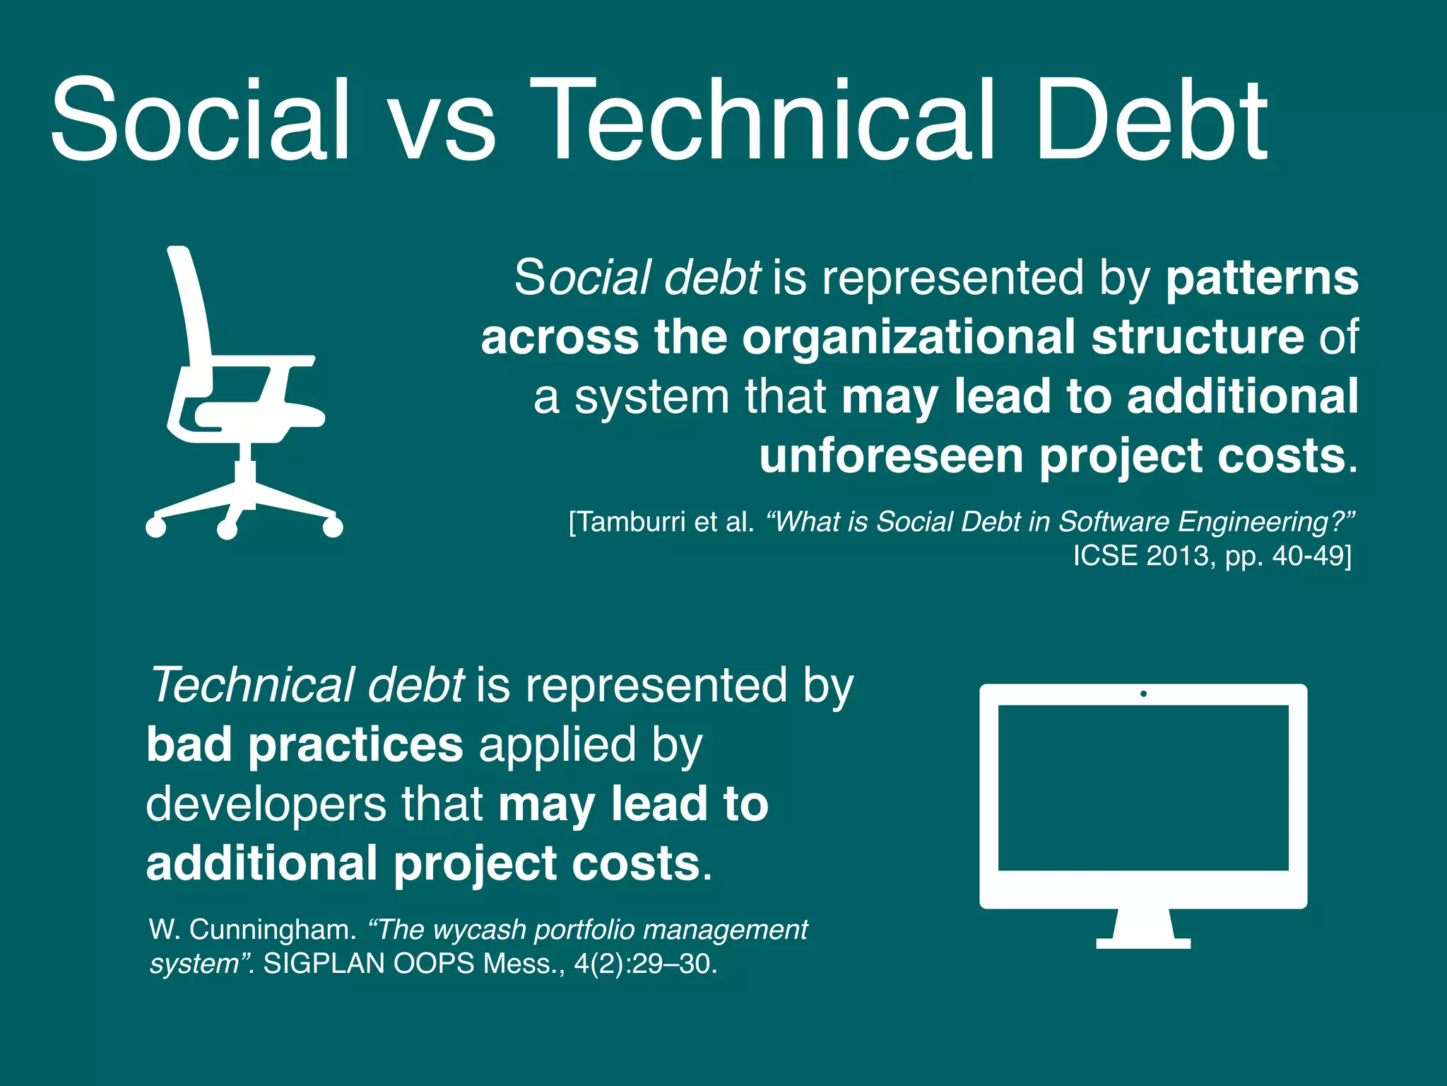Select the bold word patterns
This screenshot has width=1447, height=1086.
pyautogui.click(x=1262, y=279)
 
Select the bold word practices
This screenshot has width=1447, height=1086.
pyautogui.click(x=355, y=745)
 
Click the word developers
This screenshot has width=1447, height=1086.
pyautogui.click(x=266, y=805)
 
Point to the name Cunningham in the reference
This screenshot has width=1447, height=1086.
pyautogui.click(x=273, y=929)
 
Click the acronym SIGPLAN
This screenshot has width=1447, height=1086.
pyautogui.click(x=324, y=964)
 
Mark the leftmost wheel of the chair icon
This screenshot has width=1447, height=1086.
pyautogui.click(x=155, y=527)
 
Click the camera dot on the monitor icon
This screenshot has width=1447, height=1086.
pyautogui.click(x=1143, y=694)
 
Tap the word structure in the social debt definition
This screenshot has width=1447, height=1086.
pyautogui.click(x=1198, y=337)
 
